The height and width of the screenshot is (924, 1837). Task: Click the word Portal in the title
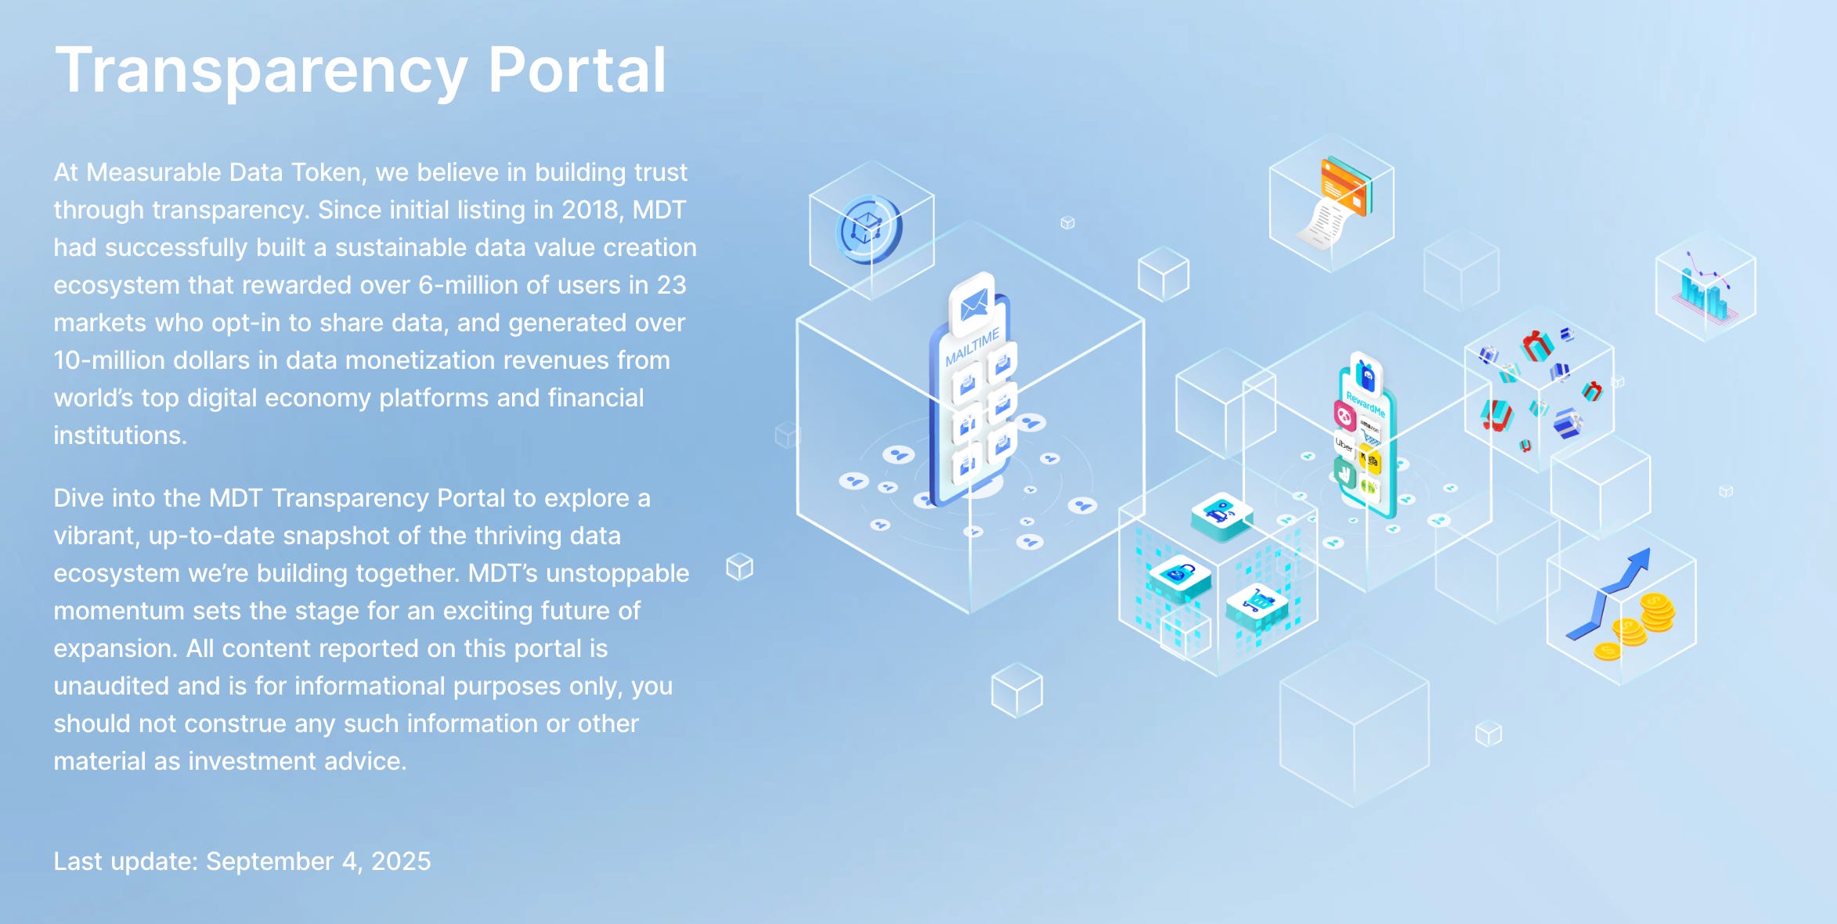click(576, 70)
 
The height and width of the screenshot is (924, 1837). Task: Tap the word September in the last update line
click(269, 861)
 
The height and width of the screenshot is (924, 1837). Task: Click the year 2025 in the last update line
click(401, 861)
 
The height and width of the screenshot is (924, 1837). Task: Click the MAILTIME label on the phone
click(972, 347)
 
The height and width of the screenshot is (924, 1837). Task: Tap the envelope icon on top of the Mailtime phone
click(973, 304)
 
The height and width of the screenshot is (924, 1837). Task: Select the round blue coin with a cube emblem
click(868, 229)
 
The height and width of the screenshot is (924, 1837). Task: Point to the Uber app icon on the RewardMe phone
click(1344, 445)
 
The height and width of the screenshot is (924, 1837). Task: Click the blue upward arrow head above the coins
click(1639, 561)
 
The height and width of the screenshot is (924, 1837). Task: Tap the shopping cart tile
click(1257, 602)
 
